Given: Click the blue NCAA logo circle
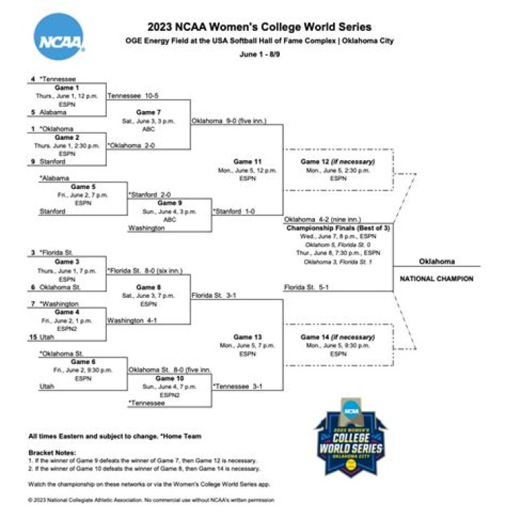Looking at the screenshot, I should [x=60, y=37].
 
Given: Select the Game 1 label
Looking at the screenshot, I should [x=67, y=88].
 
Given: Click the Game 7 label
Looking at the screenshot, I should [x=148, y=112].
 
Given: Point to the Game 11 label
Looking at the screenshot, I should [x=247, y=161].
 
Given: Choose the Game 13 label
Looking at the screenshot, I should [x=247, y=337].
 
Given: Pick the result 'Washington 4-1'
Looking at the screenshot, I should [x=131, y=320].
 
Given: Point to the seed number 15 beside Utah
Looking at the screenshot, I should [x=32, y=337].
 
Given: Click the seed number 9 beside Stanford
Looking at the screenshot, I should [x=33, y=162].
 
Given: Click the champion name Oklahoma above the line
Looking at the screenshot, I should [x=436, y=261].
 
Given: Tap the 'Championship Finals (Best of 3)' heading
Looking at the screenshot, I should [x=337, y=228].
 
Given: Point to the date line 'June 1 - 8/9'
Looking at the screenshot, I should [x=259, y=53].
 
